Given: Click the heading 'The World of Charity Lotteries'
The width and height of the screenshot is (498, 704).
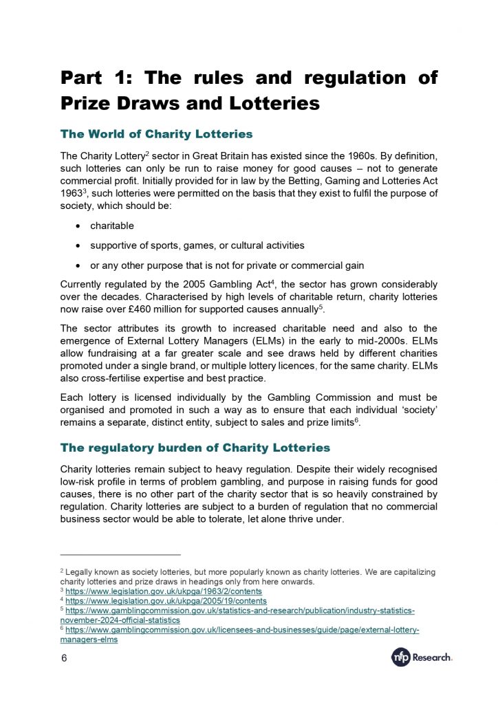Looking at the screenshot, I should pos(156,133).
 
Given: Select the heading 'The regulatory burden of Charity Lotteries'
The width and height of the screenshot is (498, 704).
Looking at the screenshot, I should pos(195,448).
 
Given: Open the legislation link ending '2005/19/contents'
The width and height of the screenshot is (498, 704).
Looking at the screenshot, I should pos(166,601).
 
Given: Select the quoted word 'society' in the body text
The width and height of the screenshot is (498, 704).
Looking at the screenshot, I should pos(418,410).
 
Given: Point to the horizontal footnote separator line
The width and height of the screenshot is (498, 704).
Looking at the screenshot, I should pos(120,553).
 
